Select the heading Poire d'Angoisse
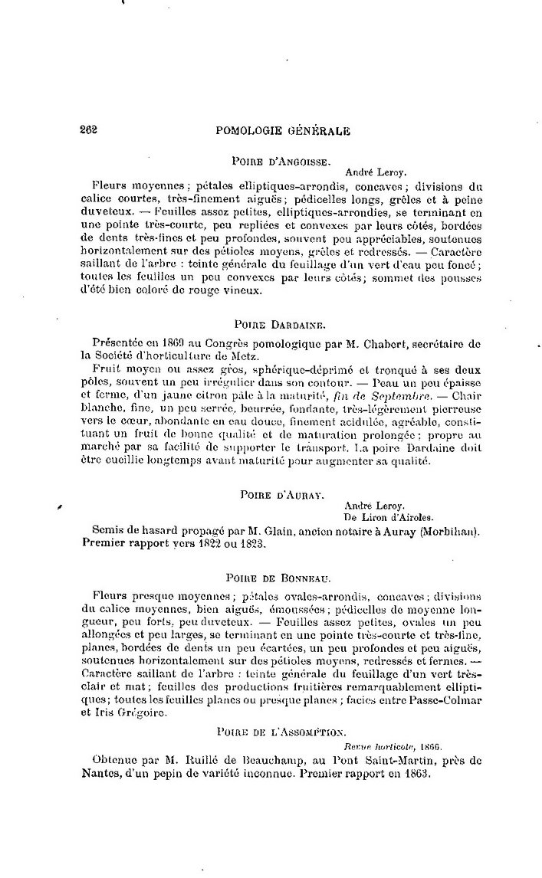tap(281, 162)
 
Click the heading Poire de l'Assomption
tap(281, 732)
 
